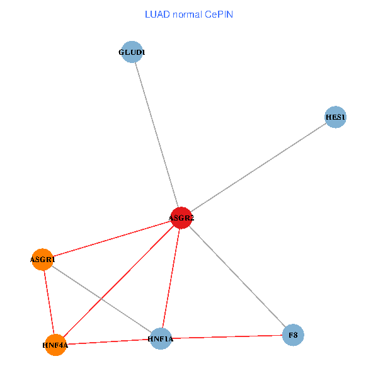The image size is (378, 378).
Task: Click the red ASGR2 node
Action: tap(181, 218)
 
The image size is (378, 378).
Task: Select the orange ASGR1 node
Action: tap(42, 259)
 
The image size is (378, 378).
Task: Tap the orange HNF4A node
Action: tap(55, 345)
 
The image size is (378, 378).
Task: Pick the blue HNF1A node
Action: tap(161, 339)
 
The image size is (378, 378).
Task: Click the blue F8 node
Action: tap(293, 335)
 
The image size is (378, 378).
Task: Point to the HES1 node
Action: tap(335, 117)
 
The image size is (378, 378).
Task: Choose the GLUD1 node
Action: tap(132, 52)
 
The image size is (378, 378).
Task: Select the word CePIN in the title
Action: tap(218, 14)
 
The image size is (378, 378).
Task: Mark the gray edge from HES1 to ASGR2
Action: tap(258, 168)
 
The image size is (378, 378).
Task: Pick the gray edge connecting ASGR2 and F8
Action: tap(237, 276)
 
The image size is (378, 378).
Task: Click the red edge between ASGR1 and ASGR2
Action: tap(112, 239)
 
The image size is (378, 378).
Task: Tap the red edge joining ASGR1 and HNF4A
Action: tap(49, 302)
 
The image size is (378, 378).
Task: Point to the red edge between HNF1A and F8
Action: tap(227, 336)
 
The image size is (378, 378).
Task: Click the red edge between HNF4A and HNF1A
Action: tap(108, 341)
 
